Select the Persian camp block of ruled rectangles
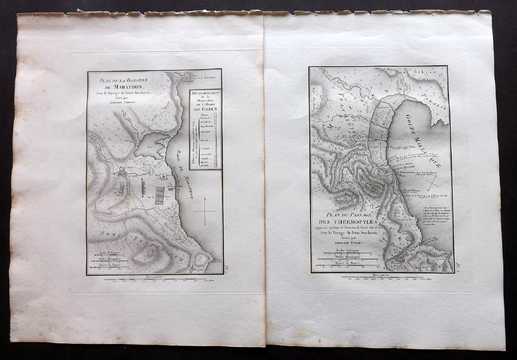click(160, 195)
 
